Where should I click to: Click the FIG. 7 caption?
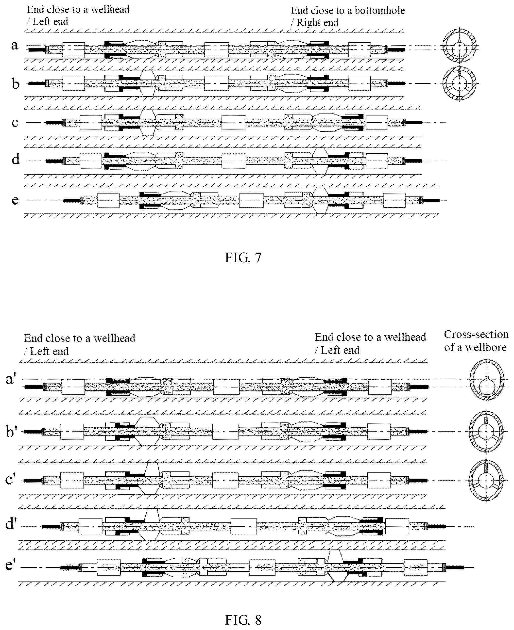pos(243,258)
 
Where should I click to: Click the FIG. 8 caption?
pos(243,620)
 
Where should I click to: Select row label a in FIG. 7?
pos(15,45)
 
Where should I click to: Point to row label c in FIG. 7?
pos(15,122)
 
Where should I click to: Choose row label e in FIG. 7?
pos(15,200)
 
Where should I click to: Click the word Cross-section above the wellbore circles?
pos(476,335)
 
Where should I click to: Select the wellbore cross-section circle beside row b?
pos(460,83)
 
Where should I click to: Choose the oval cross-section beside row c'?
pos(486,480)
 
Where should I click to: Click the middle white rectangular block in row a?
pos(216,50)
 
